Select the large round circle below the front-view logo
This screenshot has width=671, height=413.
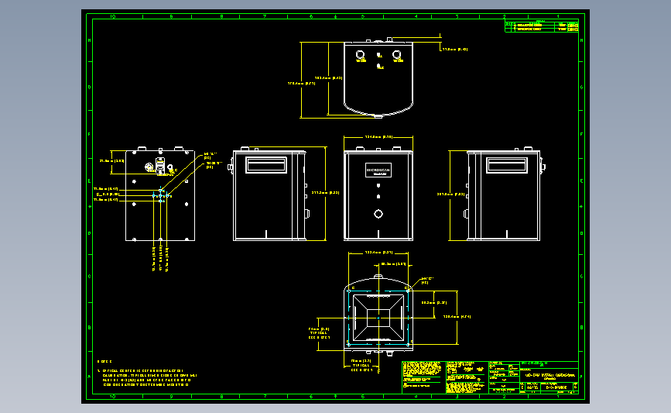(x=378, y=213)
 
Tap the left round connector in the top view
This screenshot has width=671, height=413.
(x=361, y=54)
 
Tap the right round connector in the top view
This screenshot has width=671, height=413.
(x=396, y=54)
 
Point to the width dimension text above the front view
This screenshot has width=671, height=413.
(x=378, y=137)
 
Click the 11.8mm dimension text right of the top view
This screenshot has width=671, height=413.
(x=454, y=49)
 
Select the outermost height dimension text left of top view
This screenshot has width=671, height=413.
(x=301, y=83)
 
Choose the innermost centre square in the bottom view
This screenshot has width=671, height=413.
(x=378, y=317)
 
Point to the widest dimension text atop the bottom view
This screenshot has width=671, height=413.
(x=378, y=253)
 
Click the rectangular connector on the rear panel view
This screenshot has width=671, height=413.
(x=160, y=165)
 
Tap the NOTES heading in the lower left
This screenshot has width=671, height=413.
(x=104, y=362)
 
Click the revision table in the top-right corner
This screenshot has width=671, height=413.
(x=542, y=26)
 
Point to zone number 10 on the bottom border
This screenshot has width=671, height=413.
(x=113, y=396)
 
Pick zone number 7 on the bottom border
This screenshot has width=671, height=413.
(x=265, y=396)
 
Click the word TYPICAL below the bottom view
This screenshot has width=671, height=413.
(x=362, y=365)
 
